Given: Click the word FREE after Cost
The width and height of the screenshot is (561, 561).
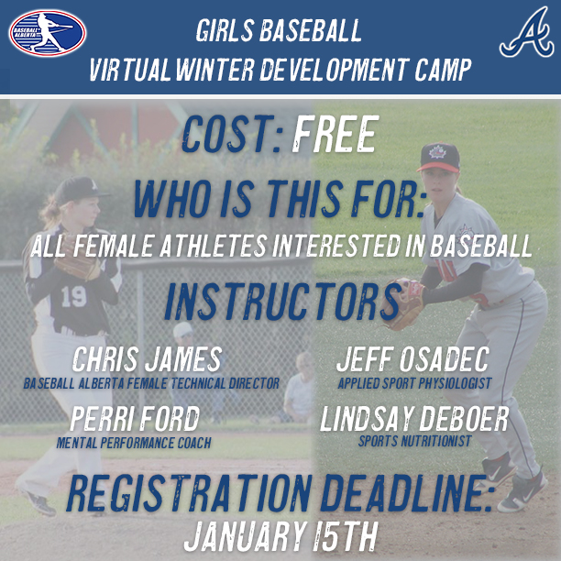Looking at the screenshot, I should click(335, 136).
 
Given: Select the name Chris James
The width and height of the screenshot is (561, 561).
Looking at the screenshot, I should click(147, 358).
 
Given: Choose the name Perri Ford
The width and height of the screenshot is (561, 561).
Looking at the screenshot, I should click(135, 420).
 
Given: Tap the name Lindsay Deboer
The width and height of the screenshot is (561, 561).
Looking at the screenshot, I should click(414, 420).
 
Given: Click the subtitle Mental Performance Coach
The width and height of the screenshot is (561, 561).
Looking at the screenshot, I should click(135, 444).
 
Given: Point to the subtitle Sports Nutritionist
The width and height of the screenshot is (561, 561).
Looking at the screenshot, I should click(414, 442).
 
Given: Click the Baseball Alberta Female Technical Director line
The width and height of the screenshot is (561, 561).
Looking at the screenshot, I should click(151, 382).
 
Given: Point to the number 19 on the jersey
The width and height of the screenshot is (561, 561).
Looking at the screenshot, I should click(73, 296).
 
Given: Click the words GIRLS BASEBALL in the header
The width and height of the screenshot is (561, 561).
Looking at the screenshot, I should click(279, 32).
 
